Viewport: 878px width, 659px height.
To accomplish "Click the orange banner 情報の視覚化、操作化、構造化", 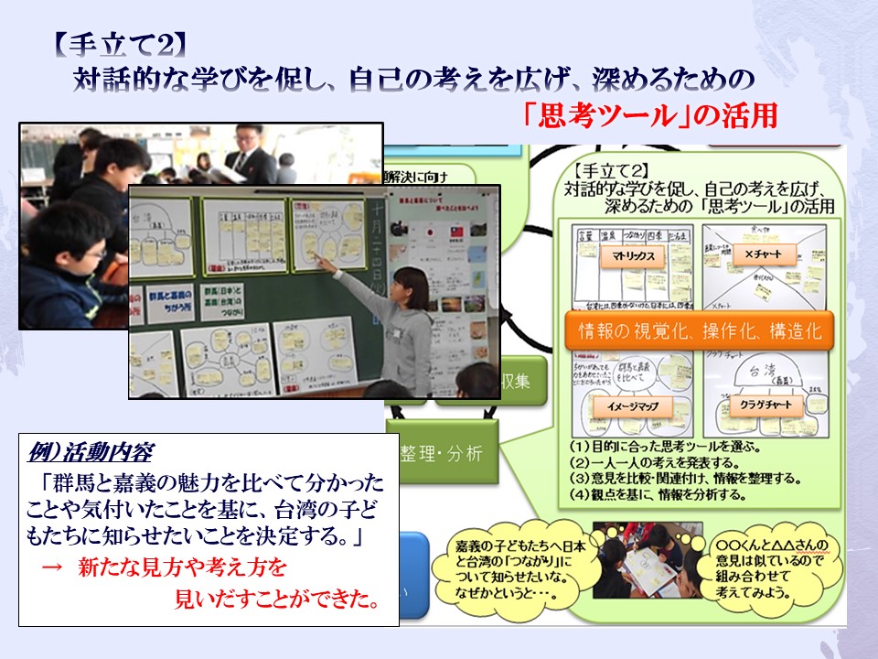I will (x=700, y=331).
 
